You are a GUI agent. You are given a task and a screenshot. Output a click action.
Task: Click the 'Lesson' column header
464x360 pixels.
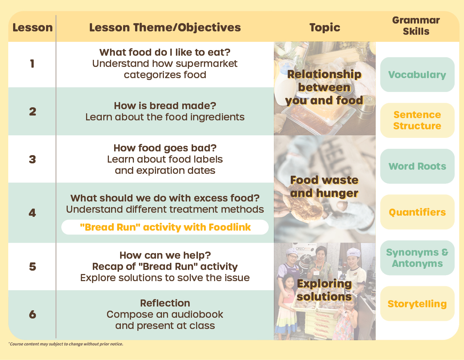click(33, 28)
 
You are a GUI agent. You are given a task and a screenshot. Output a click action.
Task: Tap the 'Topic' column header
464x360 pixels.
click(324, 28)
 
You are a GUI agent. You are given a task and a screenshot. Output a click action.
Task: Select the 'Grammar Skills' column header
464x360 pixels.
click(416, 26)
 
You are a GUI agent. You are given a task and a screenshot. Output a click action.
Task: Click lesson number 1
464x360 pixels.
click(32, 64)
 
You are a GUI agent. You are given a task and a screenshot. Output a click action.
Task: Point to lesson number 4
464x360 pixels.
click(32, 213)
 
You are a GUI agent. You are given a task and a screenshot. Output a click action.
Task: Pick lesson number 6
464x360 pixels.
click(33, 314)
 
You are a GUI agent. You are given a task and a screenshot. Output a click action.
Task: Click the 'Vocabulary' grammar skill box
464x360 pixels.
click(417, 75)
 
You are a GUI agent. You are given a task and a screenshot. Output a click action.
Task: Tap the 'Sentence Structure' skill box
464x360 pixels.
click(417, 120)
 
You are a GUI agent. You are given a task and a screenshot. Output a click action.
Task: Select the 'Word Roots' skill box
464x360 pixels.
click(417, 166)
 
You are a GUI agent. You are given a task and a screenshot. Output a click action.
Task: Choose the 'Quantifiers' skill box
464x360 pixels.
click(417, 212)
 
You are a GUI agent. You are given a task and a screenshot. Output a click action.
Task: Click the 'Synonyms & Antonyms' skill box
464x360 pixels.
click(417, 258)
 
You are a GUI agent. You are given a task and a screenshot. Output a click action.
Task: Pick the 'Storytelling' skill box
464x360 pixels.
click(417, 304)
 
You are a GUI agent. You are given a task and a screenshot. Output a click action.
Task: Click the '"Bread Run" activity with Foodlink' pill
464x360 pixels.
click(165, 227)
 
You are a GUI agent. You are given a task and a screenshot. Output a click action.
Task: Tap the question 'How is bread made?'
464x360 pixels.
click(165, 106)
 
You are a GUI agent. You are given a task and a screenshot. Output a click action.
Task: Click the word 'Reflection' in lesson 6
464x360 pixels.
click(165, 303)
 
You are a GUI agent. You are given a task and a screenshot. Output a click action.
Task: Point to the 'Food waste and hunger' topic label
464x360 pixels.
click(324, 187)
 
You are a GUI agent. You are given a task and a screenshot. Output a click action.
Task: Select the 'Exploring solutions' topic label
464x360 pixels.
click(324, 290)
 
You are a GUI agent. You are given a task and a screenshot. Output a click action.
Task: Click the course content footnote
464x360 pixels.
click(66, 344)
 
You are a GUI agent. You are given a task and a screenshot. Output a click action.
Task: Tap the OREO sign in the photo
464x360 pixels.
click(300, 249)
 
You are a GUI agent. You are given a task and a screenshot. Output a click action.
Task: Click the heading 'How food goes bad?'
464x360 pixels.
click(165, 148)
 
